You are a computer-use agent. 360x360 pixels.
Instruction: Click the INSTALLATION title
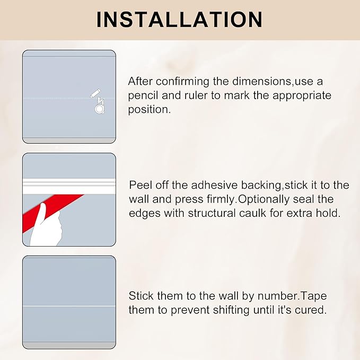[179, 19]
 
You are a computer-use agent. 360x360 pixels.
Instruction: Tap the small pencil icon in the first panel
[95, 93]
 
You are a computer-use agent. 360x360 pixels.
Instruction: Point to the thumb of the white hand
[54, 212]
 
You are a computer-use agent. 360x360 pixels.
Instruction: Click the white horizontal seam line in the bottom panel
[69, 306]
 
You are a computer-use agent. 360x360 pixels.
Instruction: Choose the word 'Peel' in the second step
[141, 185]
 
